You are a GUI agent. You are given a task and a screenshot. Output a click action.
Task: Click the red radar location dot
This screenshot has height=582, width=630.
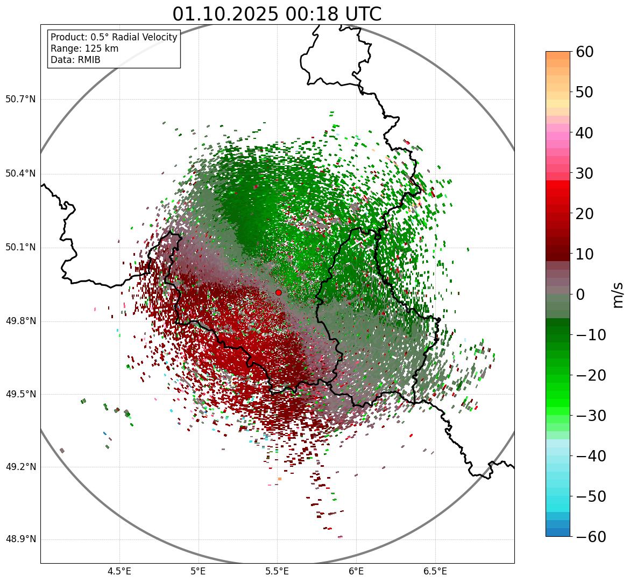tap(278, 292)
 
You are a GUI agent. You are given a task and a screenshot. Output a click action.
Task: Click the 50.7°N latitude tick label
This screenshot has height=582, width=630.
tap(20, 100)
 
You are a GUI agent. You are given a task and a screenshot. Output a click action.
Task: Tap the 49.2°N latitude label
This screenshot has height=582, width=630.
tap(20, 467)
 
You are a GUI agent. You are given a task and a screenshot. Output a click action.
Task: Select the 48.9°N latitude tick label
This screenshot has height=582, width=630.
tap(20, 539)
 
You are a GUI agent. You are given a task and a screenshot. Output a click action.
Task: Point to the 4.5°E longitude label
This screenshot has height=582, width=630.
tap(119, 571)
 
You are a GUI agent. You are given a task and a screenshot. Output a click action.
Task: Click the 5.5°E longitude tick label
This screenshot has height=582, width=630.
tap(277, 571)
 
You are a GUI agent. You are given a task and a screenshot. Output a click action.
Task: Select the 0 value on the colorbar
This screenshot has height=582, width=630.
tap(581, 294)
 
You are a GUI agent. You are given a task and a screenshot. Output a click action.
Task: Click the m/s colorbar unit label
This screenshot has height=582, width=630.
tap(618, 294)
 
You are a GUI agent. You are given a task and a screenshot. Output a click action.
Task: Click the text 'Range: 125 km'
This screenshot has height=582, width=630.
tap(84, 48)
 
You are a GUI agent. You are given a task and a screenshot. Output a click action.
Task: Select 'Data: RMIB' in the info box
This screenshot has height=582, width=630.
tap(75, 60)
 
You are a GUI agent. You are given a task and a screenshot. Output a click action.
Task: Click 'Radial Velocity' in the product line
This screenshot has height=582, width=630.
tap(142, 37)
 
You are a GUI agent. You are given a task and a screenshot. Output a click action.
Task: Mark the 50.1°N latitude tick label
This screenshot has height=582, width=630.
tap(20, 248)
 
